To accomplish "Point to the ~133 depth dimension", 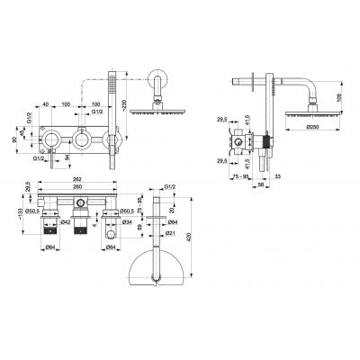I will click(x=19, y=212).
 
